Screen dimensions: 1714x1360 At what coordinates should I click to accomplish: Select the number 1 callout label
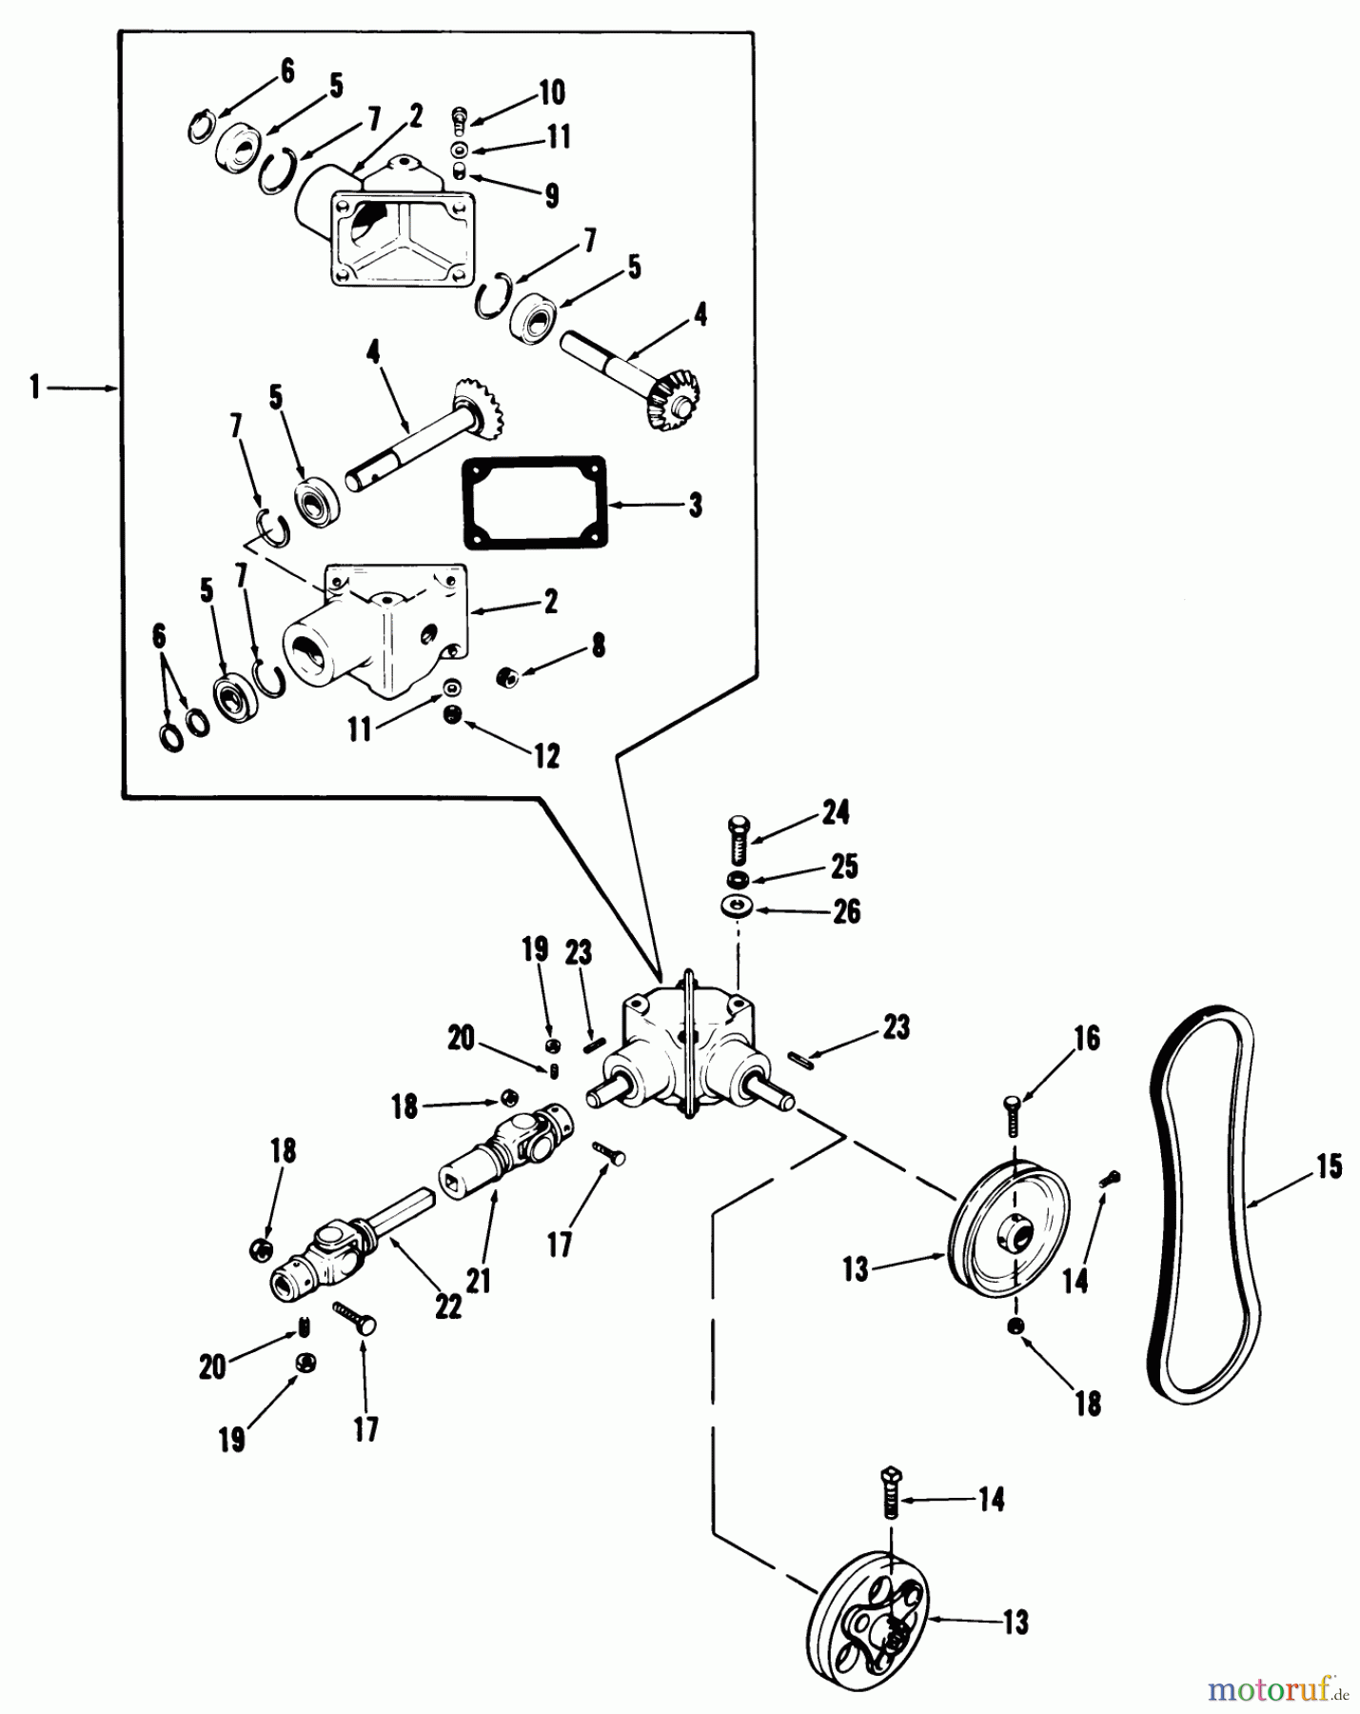point(35,389)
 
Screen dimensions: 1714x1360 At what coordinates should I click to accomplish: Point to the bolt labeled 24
point(739,838)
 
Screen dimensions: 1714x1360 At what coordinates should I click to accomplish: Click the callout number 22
point(447,1306)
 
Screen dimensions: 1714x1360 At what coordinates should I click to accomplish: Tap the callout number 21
point(479,1279)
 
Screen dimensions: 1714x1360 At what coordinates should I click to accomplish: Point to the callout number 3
point(696,505)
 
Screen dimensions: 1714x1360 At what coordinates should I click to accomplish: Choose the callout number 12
point(546,756)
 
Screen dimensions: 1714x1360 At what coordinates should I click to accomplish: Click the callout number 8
point(598,645)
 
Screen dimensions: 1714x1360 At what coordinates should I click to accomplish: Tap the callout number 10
point(552,92)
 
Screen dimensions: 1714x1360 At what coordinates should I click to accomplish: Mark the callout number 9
point(551,195)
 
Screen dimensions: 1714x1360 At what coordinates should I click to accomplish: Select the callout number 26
point(846,911)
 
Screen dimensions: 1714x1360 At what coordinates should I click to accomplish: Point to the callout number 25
point(844,866)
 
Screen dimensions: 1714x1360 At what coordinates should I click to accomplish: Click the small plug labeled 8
point(507,677)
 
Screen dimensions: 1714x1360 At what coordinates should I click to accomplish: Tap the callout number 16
point(1086,1038)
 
